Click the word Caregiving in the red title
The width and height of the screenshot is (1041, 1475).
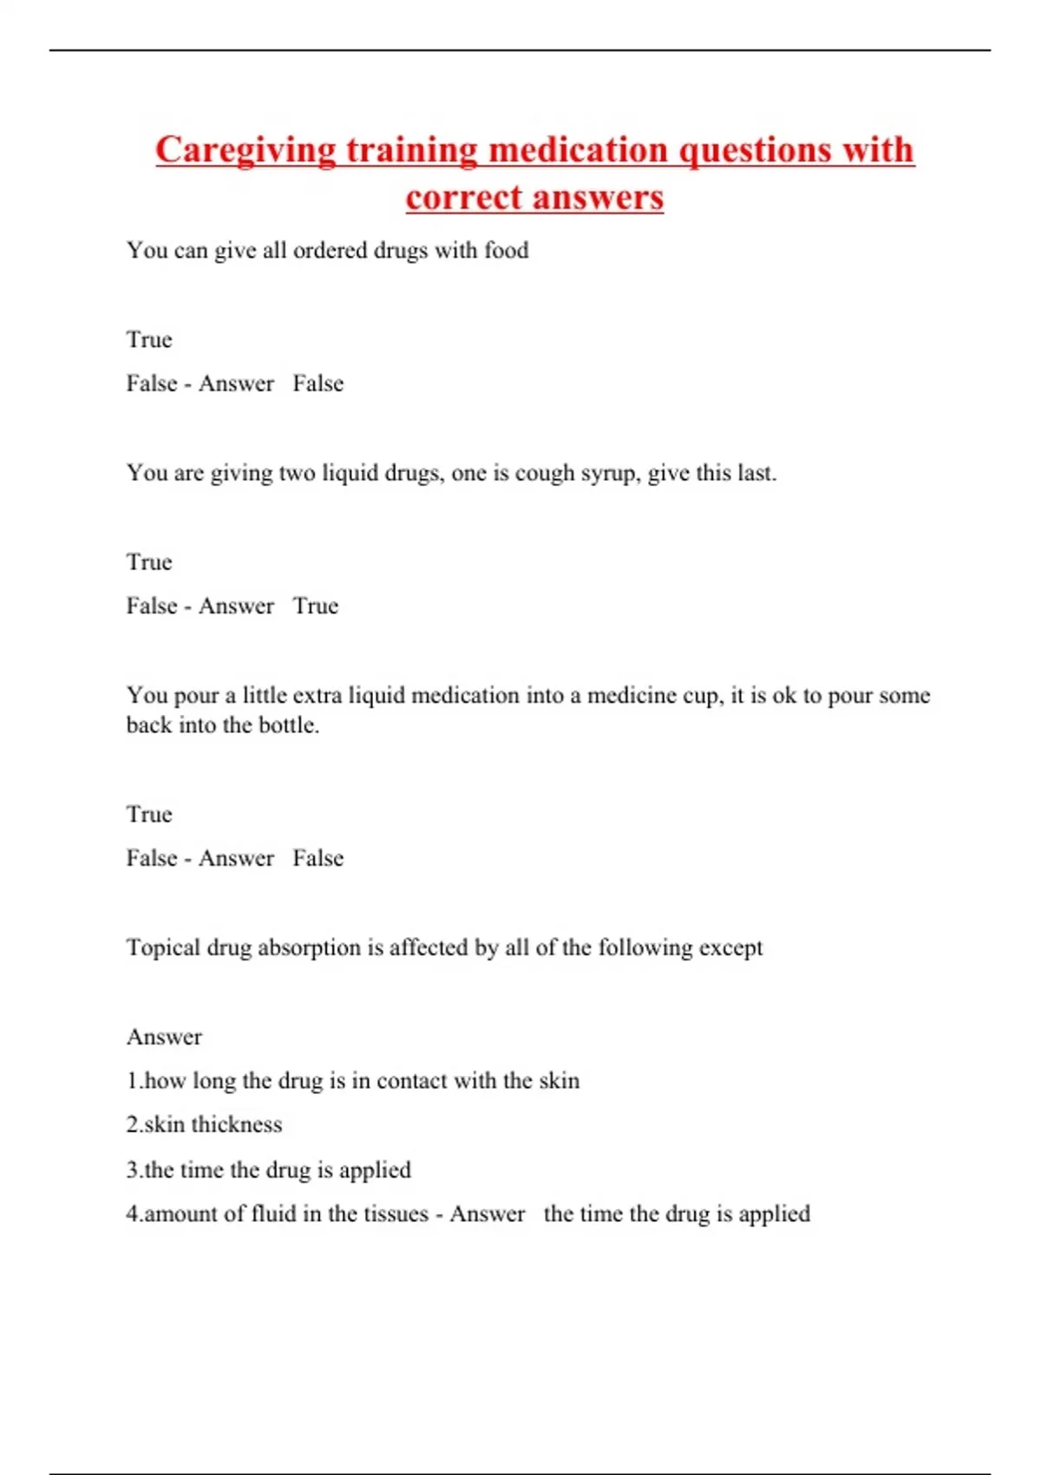coord(246,151)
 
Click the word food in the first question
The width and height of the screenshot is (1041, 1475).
coord(507,251)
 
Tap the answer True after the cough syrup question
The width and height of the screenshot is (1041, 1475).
coord(316,606)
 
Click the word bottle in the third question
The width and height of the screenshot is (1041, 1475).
coord(291,725)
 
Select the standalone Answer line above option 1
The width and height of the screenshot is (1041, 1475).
coord(164,1037)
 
